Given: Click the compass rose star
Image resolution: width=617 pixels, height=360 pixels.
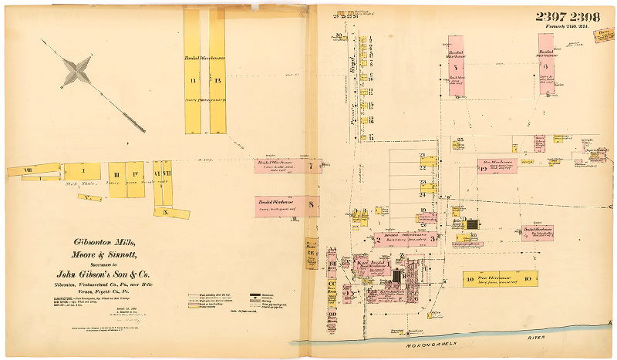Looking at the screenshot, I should point(77,71).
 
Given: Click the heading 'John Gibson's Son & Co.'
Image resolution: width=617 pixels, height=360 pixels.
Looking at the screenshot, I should point(97,274).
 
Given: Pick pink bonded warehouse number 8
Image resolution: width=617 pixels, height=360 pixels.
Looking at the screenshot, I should point(287,205).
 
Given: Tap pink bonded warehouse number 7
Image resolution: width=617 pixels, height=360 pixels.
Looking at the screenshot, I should point(287,166).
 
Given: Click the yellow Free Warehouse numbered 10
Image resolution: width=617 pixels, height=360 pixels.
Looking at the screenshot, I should point(497,279).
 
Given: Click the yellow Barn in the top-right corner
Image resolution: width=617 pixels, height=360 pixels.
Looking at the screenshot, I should point(605,35).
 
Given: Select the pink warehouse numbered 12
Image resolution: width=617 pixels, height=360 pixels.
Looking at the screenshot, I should point(497,166).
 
